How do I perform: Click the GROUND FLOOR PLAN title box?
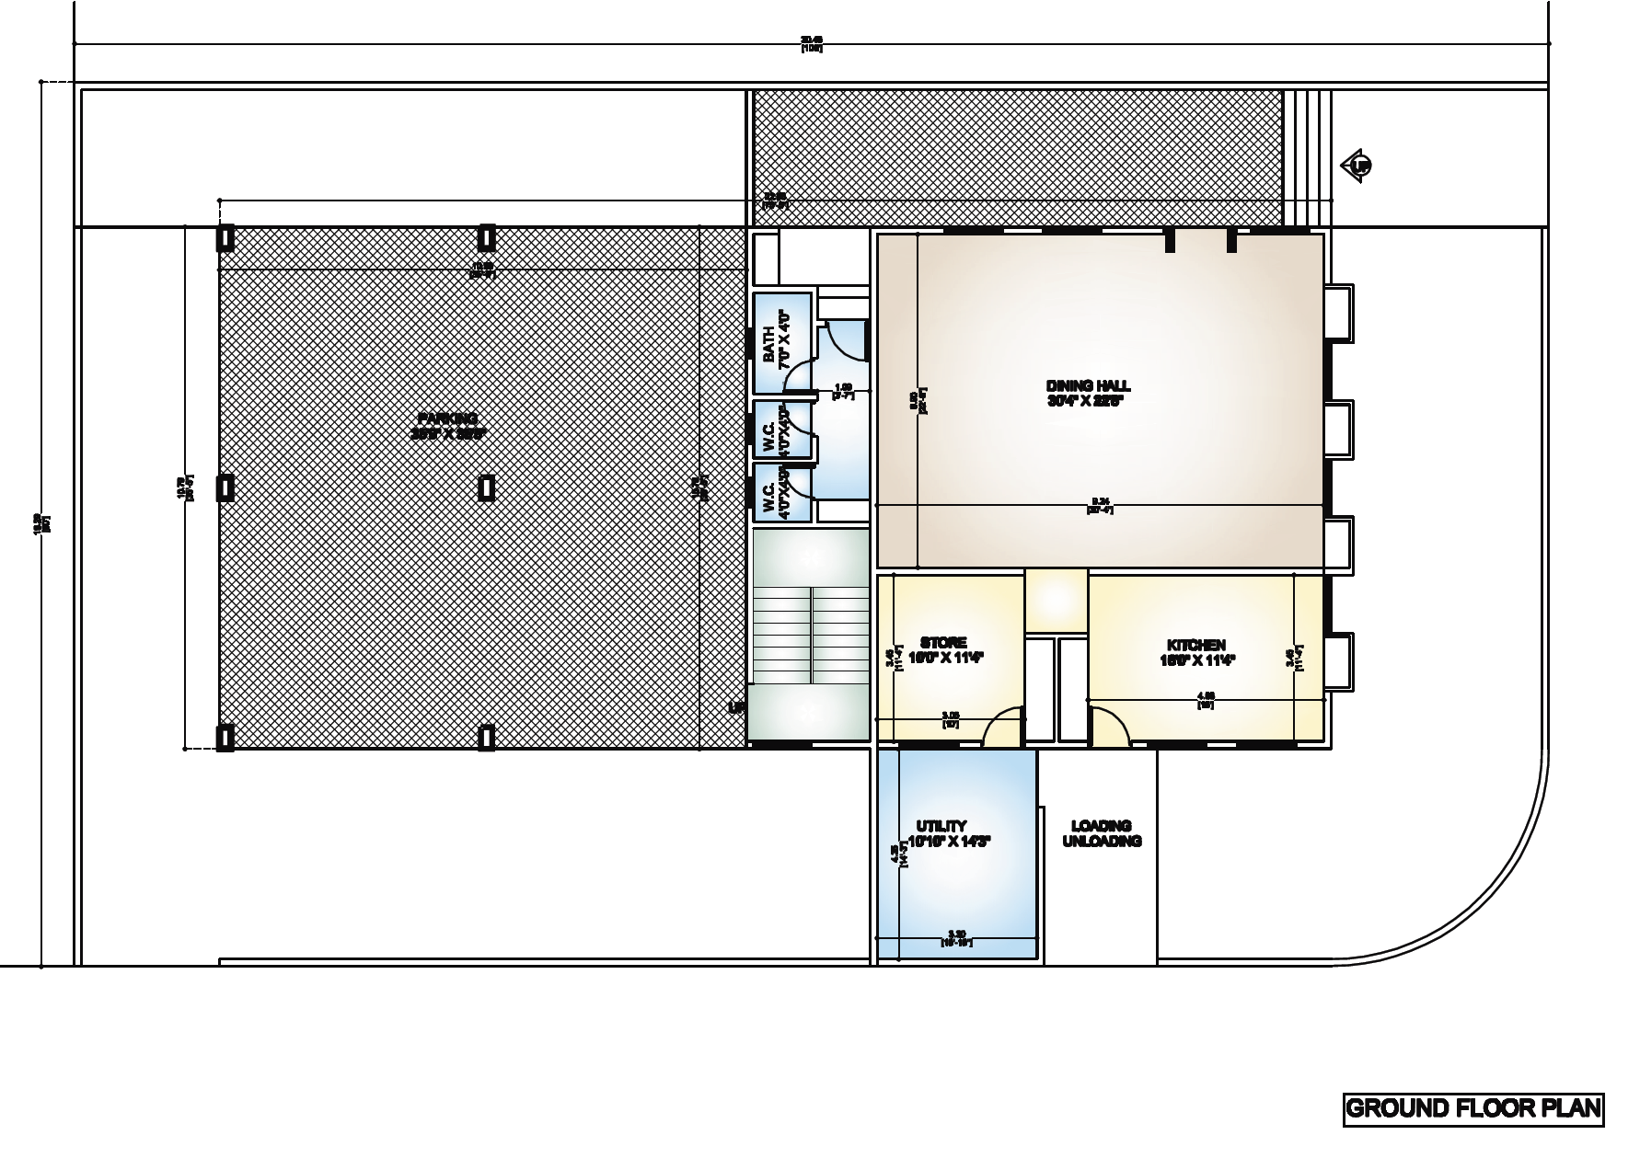[x=1473, y=1107]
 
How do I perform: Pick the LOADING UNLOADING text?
[x=1102, y=833]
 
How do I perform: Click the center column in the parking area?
[x=487, y=487]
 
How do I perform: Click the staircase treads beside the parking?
[x=810, y=635]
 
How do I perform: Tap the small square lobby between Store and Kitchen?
[x=1057, y=602]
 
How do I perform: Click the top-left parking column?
[x=225, y=238]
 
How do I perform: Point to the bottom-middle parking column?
[x=487, y=737]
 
